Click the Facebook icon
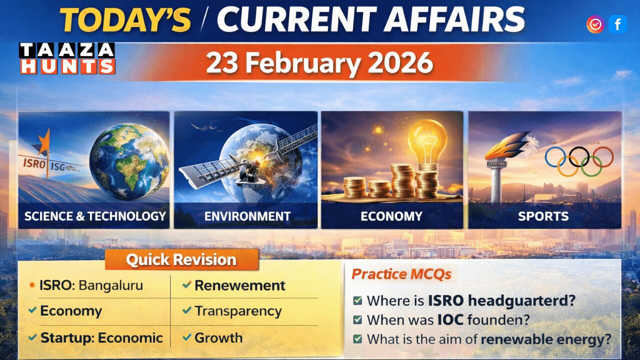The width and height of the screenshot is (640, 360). (617, 24)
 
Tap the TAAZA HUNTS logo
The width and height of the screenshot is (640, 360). (67, 58)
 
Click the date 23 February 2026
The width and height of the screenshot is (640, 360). (319, 63)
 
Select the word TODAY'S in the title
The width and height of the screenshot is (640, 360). (125, 20)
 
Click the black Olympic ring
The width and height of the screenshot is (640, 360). (579, 156)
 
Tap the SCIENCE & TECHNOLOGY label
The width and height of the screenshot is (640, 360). (95, 216)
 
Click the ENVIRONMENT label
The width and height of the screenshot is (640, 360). (247, 216)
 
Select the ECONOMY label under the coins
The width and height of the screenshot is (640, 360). (391, 216)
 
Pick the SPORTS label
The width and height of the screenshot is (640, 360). (543, 216)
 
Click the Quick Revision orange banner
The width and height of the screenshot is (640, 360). (181, 260)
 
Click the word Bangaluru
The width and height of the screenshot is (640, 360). (111, 285)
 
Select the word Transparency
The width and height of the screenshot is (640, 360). (238, 311)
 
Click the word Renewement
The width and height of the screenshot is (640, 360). (240, 285)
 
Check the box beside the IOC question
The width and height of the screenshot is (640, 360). (357, 320)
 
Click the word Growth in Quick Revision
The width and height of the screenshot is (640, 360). (218, 337)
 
